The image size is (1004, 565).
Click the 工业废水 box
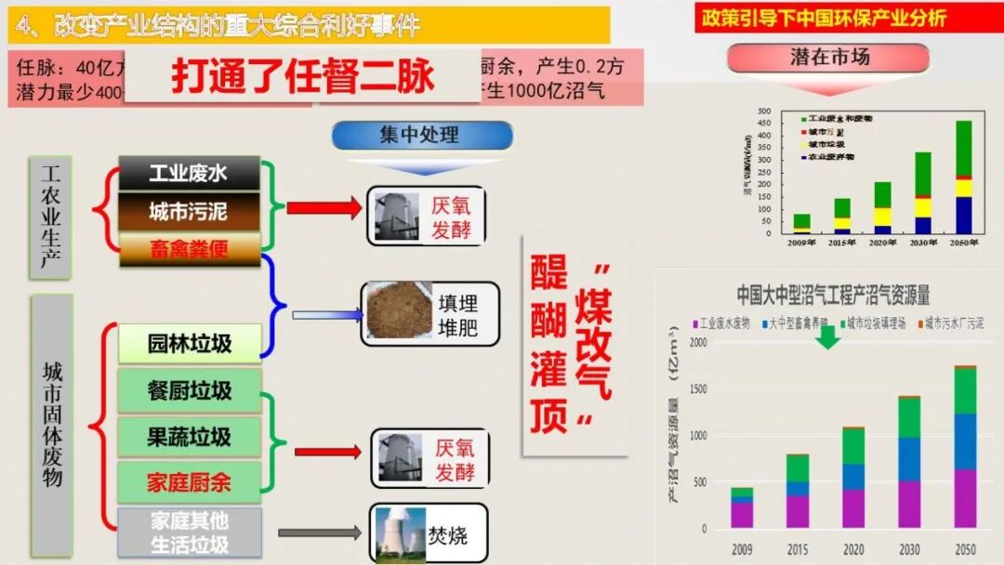point(190,173)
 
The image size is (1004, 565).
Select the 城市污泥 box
point(190,212)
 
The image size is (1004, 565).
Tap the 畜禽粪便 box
point(190,249)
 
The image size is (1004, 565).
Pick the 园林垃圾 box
point(190,344)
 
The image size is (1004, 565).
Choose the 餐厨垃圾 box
point(190,390)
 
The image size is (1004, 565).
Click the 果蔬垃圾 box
point(190,436)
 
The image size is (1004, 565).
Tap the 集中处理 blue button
point(422,136)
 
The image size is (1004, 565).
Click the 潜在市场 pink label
point(829,58)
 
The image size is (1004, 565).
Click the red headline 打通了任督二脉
point(303,76)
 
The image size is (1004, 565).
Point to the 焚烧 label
point(448,535)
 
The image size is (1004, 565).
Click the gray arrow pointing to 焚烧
point(320,533)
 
